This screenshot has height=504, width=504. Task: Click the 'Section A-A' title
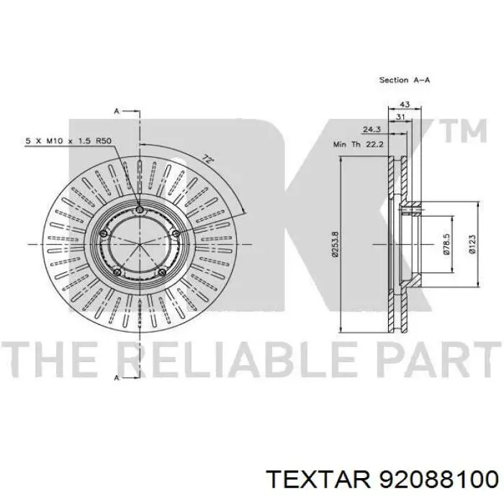coord(405,80)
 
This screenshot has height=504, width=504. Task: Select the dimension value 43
coord(404,104)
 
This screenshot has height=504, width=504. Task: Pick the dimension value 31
coord(400,117)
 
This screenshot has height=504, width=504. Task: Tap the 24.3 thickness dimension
coord(372,130)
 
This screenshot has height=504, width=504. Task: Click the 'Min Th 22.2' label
coord(359,144)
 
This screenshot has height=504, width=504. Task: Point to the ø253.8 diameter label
coord(336,244)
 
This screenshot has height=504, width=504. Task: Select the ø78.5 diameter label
coord(446,244)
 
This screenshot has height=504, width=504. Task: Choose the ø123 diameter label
coord(472,245)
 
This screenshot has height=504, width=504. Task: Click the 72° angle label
coord(207,159)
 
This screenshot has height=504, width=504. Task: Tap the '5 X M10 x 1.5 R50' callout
coord(68,141)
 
